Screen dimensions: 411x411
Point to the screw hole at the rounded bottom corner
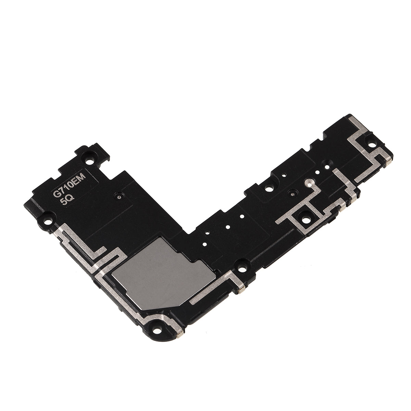(x=158, y=328)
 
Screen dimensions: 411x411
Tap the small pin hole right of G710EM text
(x=119, y=197)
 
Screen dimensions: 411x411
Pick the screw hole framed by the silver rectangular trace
(x=305, y=217)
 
